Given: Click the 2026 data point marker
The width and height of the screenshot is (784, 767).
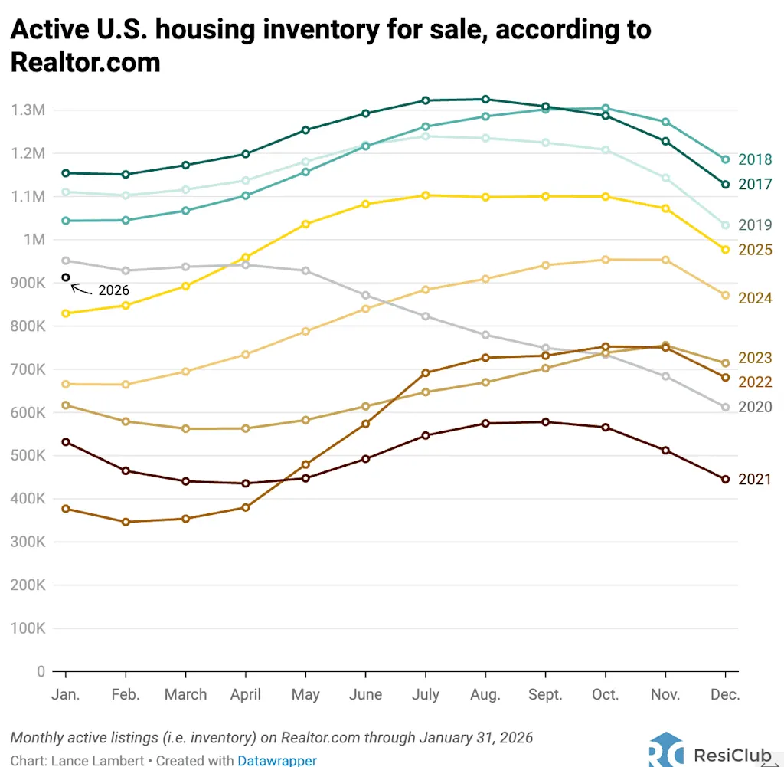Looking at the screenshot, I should (66, 277).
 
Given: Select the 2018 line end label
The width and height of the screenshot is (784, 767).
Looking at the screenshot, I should (755, 159).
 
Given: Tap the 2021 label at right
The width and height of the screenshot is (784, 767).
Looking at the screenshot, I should (755, 480).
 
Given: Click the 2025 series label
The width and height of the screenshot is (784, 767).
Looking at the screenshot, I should (755, 250).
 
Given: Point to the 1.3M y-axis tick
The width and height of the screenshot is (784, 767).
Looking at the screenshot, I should (28, 110).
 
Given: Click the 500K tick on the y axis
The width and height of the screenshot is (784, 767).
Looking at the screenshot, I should (28, 455).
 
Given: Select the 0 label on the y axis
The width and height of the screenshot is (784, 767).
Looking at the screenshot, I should (41, 671).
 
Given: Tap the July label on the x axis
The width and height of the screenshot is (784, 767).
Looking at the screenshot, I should (425, 695).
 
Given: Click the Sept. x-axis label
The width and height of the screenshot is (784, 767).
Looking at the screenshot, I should (544, 695).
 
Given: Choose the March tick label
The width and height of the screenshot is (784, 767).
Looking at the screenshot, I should (185, 695).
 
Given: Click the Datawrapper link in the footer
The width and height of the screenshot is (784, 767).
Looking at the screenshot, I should (277, 761).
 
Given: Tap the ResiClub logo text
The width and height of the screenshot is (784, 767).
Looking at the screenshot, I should (731, 755).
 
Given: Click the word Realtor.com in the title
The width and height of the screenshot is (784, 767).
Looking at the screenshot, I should (86, 62).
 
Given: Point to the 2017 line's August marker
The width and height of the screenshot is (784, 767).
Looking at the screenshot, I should (485, 100).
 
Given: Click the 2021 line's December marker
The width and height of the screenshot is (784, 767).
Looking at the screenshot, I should (725, 480).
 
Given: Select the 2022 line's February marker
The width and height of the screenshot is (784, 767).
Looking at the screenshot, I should (126, 523).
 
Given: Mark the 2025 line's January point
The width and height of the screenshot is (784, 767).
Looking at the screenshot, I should (66, 313).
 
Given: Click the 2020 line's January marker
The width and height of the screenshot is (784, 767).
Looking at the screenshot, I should (66, 261).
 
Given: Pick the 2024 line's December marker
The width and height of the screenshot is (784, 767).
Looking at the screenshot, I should (725, 296).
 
